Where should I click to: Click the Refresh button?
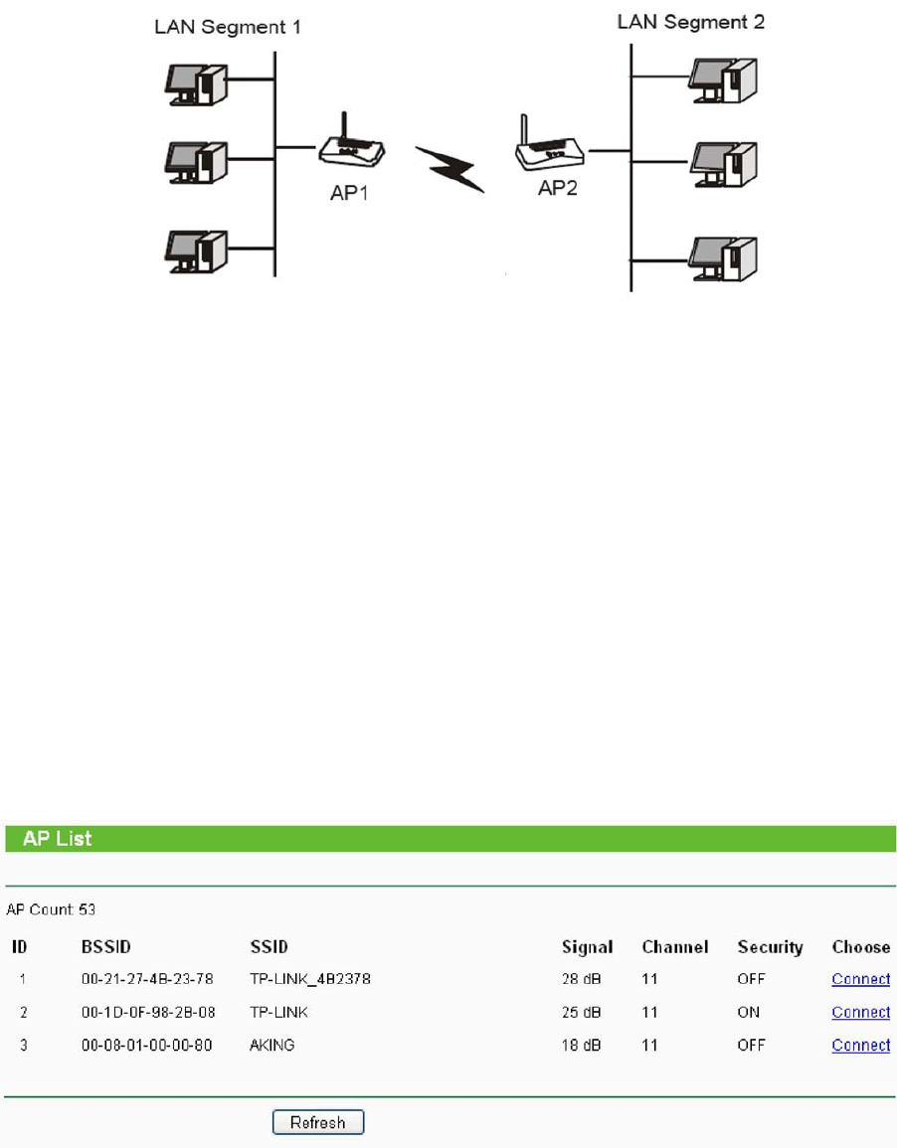pyautogui.click(x=318, y=1122)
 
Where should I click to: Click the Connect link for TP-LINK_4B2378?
pyautogui.click(x=860, y=979)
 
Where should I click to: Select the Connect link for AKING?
pyautogui.click(x=860, y=1045)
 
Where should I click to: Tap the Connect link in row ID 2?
pyautogui.click(x=860, y=1012)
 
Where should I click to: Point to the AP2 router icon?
pyautogui.click(x=549, y=147)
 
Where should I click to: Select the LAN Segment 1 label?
pyautogui.click(x=228, y=27)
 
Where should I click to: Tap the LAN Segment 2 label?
pyautogui.click(x=691, y=21)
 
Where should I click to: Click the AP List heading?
pyautogui.click(x=58, y=838)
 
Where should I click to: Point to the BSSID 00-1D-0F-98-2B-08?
pyautogui.click(x=147, y=1012)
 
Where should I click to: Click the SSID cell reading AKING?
pyautogui.click(x=272, y=1045)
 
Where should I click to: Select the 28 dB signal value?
pyautogui.click(x=581, y=979)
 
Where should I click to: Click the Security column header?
pyautogui.click(x=770, y=947)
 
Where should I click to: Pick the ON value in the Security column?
pyautogui.click(x=749, y=1012)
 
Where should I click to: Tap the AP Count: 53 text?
pyautogui.click(x=51, y=908)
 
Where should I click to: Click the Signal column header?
pyautogui.click(x=587, y=947)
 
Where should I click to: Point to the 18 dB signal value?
pyautogui.click(x=581, y=1045)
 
